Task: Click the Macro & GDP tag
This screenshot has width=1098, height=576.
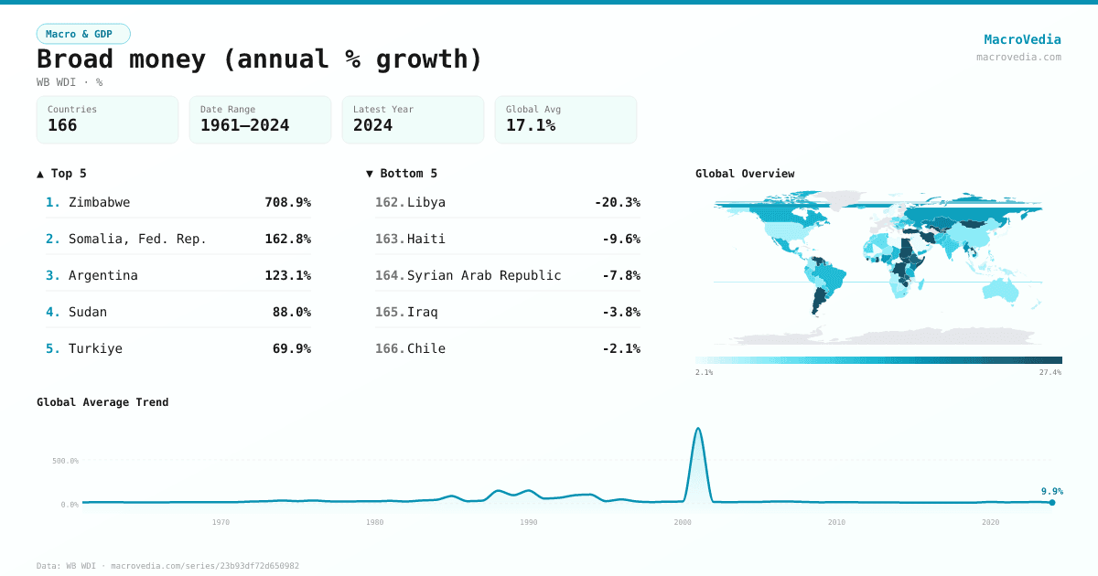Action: [x=83, y=34]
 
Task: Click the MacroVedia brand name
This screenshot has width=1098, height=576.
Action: [x=1022, y=39]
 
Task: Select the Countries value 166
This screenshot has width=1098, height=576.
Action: [x=62, y=125]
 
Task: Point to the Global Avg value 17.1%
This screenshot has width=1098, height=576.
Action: [x=531, y=125]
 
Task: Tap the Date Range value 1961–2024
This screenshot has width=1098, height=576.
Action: [x=244, y=125]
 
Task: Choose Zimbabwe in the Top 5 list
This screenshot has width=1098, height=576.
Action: [x=99, y=202]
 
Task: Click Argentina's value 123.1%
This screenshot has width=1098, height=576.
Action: [x=287, y=275]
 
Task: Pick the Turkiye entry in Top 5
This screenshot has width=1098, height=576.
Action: [x=95, y=348]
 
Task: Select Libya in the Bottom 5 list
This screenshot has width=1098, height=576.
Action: [x=426, y=202]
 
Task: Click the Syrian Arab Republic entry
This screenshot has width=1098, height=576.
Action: [x=484, y=275]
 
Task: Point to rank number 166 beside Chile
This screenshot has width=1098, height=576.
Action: [x=389, y=348]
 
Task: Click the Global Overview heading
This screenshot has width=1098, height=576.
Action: [x=745, y=174]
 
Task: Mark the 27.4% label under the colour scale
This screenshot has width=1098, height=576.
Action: [x=1050, y=373]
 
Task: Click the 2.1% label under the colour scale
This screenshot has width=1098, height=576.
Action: [x=704, y=373]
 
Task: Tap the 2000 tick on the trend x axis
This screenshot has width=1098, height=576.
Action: [x=683, y=522]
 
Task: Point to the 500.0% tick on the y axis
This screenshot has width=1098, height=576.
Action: [x=66, y=461]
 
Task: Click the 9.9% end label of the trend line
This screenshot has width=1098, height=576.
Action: [x=1051, y=491]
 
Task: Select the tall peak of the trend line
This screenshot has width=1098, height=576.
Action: [x=698, y=428]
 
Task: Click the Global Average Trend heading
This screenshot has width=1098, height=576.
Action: [x=102, y=402]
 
